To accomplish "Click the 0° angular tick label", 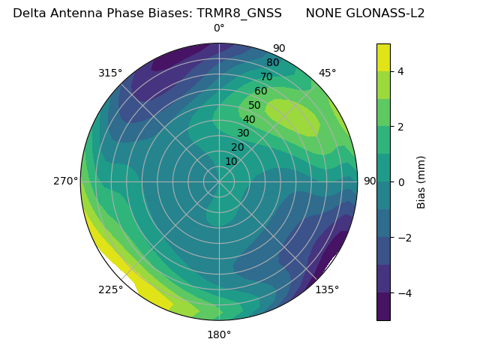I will (x=219, y=28).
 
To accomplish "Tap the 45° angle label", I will (x=327, y=73).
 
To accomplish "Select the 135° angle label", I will (x=327, y=289).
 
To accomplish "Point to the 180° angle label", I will (x=219, y=334).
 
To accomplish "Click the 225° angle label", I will (x=110, y=289).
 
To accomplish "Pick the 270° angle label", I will (x=65, y=181).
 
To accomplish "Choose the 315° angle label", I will (x=110, y=73).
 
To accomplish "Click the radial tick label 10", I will (x=231, y=161).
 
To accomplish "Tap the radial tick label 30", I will (x=243, y=133).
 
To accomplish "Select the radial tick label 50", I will (x=255, y=106).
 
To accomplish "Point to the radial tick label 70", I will (x=266, y=77).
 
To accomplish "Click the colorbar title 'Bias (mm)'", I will (x=421, y=182).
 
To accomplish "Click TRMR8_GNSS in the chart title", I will (x=239, y=13).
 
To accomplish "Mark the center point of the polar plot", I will (x=219, y=181).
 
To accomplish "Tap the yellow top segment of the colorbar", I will (x=383, y=57).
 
